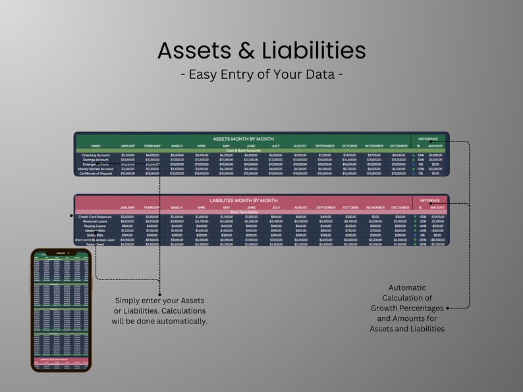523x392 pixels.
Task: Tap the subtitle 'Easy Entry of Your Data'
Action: click(261, 74)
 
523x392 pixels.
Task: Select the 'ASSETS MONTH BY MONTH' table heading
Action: click(243, 139)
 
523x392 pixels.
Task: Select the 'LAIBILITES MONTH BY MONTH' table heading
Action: click(243, 200)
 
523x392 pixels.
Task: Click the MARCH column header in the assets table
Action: click(177, 145)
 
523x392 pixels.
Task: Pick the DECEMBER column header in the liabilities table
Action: click(399, 207)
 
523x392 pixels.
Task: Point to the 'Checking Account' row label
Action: click(96, 155)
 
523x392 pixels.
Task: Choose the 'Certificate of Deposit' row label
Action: click(96, 173)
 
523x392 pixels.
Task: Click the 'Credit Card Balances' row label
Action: click(96, 216)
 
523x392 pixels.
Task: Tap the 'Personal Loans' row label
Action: click(96, 222)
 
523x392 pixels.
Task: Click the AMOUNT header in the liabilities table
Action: click(437, 207)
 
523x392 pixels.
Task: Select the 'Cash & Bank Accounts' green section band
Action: click(243, 150)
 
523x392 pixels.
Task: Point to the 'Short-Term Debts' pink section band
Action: click(243, 212)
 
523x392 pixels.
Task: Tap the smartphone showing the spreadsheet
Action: click(61, 310)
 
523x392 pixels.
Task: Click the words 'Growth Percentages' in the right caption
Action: click(407, 307)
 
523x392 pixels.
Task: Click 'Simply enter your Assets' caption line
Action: click(161, 301)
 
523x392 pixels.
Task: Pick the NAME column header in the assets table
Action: click(96, 145)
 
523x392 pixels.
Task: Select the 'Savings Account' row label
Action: click(96, 159)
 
